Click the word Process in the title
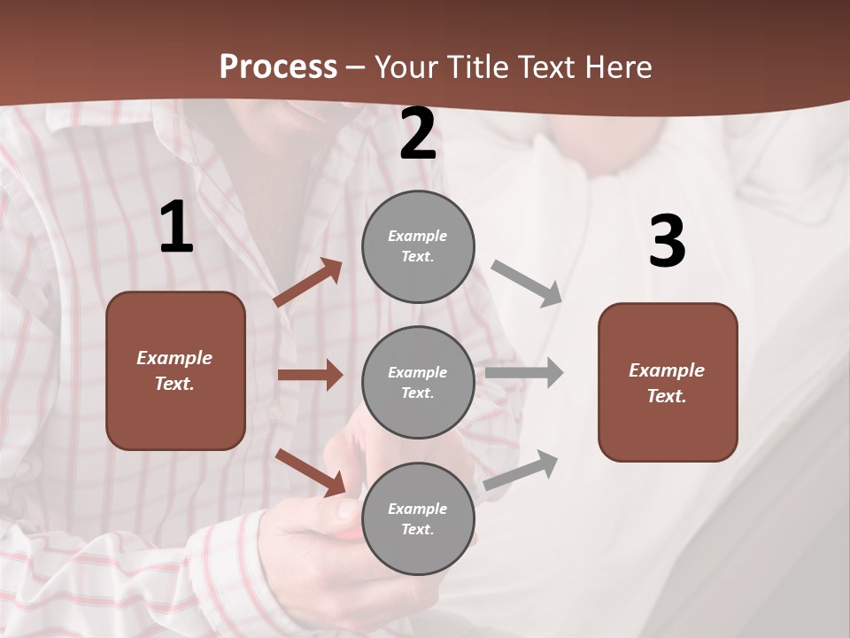[278, 67]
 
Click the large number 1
[176, 228]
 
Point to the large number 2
[418, 134]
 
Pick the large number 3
[667, 242]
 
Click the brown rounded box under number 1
[175, 370]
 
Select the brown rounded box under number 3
[668, 383]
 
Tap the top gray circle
[418, 246]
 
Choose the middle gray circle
[418, 382]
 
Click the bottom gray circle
[418, 518]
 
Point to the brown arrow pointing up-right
[308, 283]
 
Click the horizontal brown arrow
[310, 375]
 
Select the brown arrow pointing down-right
[311, 471]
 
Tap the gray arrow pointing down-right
[527, 283]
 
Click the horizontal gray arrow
[524, 372]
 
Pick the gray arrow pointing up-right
[522, 471]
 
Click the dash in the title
[356, 68]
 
